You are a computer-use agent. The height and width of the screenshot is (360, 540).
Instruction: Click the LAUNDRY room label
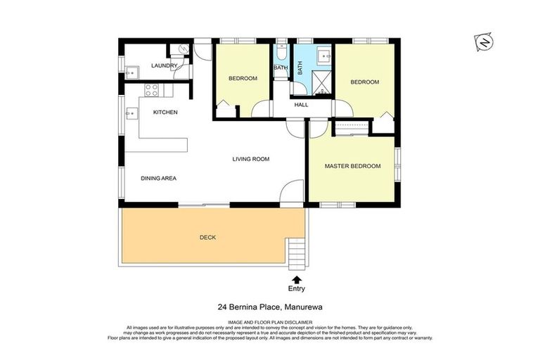click(165, 66)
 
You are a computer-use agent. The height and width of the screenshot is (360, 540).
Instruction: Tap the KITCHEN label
click(165, 112)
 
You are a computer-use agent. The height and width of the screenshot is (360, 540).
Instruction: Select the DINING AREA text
click(158, 179)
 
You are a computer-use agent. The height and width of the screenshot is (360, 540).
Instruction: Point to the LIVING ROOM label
click(251, 160)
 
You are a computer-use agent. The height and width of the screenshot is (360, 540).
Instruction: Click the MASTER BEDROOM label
click(352, 167)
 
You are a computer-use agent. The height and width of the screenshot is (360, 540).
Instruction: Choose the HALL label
click(301, 105)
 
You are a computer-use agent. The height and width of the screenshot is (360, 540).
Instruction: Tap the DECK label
click(207, 238)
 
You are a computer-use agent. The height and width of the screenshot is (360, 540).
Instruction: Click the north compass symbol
click(484, 42)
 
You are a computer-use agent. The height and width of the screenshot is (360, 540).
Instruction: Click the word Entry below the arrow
click(297, 289)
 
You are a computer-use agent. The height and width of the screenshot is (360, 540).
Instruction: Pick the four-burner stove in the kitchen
click(151, 89)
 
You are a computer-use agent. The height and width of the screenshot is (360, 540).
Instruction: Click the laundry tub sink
click(130, 70)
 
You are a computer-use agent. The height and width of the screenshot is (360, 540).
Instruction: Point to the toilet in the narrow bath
click(281, 53)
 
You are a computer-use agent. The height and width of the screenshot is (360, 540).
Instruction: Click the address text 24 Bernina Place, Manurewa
click(269, 307)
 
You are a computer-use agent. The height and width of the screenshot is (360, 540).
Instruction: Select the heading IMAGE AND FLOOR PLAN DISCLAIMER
click(269, 323)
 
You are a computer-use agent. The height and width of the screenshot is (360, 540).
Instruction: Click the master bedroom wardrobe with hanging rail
click(349, 127)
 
